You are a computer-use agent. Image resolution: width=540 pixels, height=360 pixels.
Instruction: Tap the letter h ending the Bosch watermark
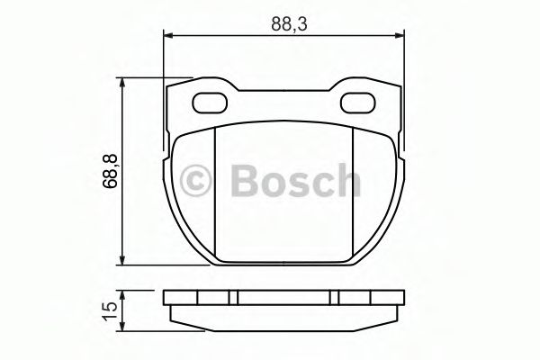(x=345, y=180)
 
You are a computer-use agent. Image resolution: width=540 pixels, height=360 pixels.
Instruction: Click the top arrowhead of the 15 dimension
(x=123, y=293)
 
